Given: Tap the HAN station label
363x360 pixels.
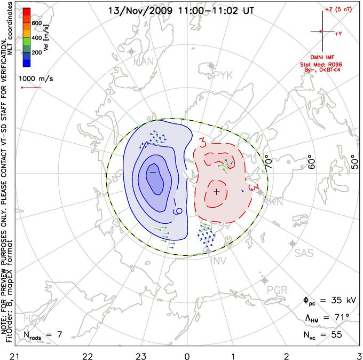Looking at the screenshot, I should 144,62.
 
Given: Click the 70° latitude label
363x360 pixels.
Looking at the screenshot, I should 269,161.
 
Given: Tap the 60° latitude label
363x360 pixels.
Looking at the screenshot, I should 313,161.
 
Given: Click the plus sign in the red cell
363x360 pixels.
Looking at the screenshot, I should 216,191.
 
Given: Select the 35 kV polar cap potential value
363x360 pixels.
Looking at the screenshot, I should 338,301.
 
